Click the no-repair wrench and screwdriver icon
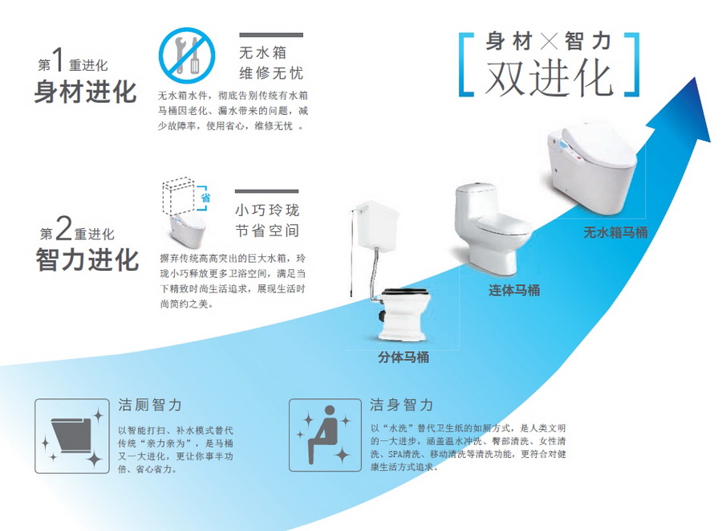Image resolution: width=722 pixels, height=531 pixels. [x=187, y=55]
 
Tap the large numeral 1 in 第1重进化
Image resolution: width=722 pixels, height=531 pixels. [x=59, y=60]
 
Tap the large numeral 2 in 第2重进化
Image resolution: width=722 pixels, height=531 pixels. [x=64, y=229]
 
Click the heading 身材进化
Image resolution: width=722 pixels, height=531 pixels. [x=86, y=92]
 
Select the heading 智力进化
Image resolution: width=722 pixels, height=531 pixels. [x=87, y=260]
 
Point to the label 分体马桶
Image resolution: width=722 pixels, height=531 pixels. [x=404, y=357]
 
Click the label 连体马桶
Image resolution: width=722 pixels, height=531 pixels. [x=514, y=290]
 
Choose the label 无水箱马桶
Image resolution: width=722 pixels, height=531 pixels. [x=615, y=232]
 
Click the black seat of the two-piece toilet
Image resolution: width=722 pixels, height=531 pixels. [x=405, y=292]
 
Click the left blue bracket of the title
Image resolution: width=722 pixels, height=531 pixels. [x=466, y=64]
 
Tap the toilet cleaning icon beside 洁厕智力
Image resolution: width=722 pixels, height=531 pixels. [x=72, y=436]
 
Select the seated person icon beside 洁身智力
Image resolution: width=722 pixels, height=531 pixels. [x=325, y=435]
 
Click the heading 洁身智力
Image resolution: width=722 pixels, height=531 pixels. [x=402, y=405]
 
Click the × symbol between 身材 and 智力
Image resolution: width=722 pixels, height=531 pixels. [x=549, y=42]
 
